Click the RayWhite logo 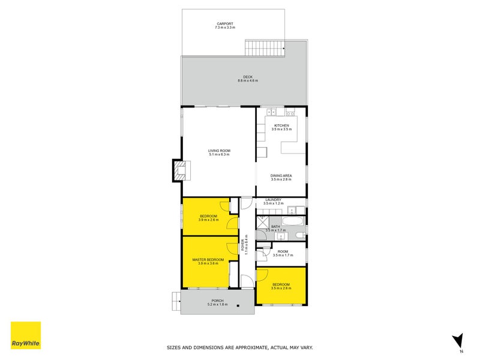point(26,335)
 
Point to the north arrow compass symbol point(458,341)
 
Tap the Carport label point(226,26)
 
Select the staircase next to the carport point(264,47)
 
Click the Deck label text point(247,78)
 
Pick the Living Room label point(219,152)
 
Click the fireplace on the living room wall point(180,170)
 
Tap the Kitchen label point(281,127)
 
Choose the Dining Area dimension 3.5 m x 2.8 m point(281,179)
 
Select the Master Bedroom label point(208,262)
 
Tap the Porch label point(217,302)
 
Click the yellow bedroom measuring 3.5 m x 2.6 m point(281,286)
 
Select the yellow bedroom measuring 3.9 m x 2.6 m point(208,217)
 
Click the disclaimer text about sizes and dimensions point(239,347)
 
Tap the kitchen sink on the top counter point(271,112)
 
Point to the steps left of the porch point(175,300)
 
